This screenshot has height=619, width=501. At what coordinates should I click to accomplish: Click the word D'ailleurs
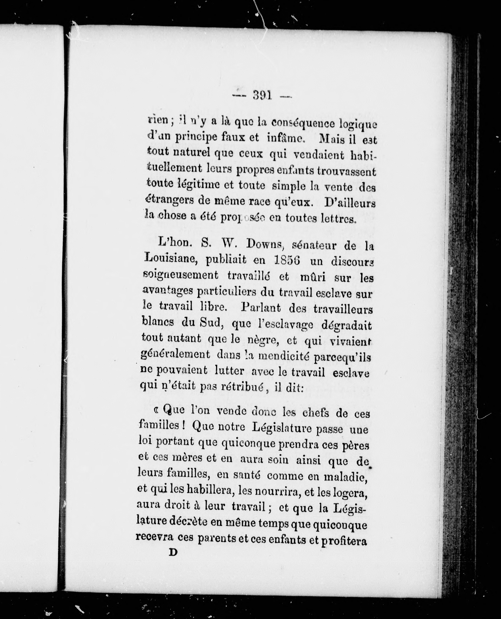tap(350, 203)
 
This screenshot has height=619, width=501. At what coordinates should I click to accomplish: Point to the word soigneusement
tap(181, 276)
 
